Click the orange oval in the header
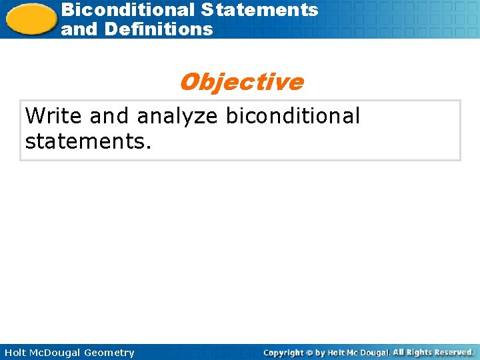click(x=31, y=19)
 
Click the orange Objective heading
click(x=241, y=82)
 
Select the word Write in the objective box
click(x=54, y=116)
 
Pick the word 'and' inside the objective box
click(x=110, y=116)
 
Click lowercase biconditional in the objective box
click(x=293, y=116)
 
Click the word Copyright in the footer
click(x=283, y=353)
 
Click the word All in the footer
click(x=399, y=352)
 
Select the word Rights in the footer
click(x=420, y=352)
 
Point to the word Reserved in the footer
click(x=455, y=352)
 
